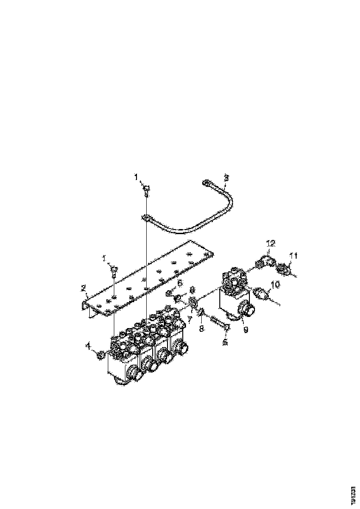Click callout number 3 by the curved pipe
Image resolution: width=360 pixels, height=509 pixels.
coord(226,177)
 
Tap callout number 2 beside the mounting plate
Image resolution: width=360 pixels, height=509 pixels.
coord(84,288)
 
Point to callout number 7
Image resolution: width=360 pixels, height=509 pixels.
coord(189,320)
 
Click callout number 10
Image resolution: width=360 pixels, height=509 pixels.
coord(275,285)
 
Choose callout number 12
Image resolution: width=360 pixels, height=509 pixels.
coord(271,243)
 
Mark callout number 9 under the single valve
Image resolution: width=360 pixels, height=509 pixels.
coord(246,329)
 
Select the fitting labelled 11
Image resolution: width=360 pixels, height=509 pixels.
coord(283,268)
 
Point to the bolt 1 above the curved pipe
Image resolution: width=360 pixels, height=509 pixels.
coord(145,189)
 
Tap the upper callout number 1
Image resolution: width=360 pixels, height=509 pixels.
coord(136,176)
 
